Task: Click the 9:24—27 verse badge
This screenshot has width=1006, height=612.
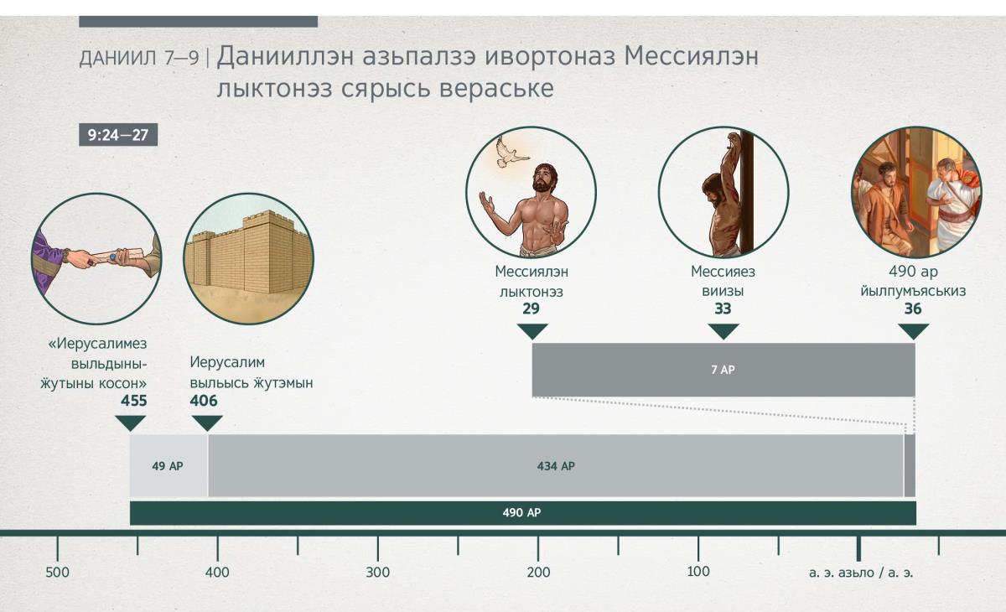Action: pyautogui.click(x=118, y=135)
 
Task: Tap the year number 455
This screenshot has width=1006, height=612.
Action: pyautogui.click(x=134, y=401)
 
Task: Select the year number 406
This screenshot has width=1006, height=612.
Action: pyautogui.click(x=204, y=401)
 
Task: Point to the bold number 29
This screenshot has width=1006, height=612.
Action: pyautogui.click(x=531, y=309)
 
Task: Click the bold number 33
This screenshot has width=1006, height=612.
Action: pyautogui.click(x=723, y=309)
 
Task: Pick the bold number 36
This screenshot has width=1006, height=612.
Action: pyautogui.click(x=913, y=309)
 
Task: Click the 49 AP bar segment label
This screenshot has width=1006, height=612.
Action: pyautogui.click(x=168, y=466)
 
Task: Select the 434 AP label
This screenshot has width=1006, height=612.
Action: pyautogui.click(x=556, y=466)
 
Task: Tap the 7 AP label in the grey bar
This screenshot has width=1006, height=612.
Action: pyautogui.click(x=723, y=370)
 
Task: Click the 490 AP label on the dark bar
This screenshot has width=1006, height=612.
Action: pyautogui.click(x=521, y=513)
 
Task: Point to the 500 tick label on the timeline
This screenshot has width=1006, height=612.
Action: pyautogui.click(x=58, y=573)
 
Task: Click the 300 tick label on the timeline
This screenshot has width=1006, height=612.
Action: pyautogui.click(x=378, y=573)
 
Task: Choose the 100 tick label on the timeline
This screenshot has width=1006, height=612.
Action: pyautogui.click(x=698, y=572)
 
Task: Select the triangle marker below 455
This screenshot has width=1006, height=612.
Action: pyautogui.click(x=131, y=423)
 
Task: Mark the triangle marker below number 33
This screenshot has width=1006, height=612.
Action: pyautogui.click(x=723, y=331)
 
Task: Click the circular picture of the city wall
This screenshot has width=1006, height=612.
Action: pyautogui.click(x=249, y=258)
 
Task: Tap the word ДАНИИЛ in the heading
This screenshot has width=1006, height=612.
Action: pyautogui.click(x=118, y=59)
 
